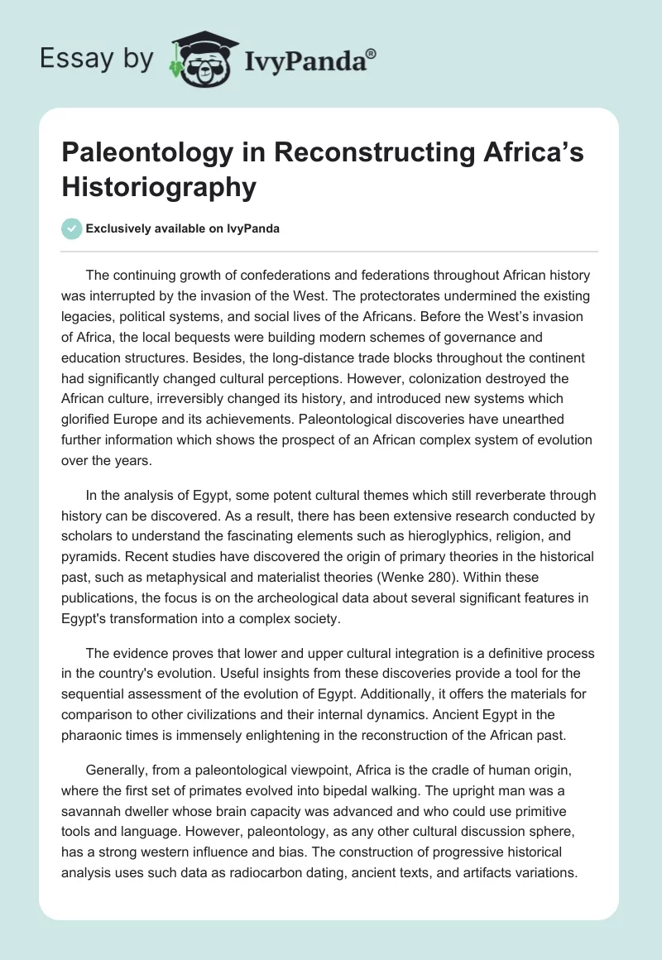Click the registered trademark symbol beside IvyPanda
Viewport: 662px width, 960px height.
pyautogui.click(x=372, y=54)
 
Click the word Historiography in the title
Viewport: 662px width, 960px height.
pyautogui.click(x=160, y=188)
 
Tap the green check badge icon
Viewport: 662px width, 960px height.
pyautogui.click(x=71, y=228)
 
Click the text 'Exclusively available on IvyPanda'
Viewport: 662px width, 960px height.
pyautogui.click(x=183, y=228)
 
